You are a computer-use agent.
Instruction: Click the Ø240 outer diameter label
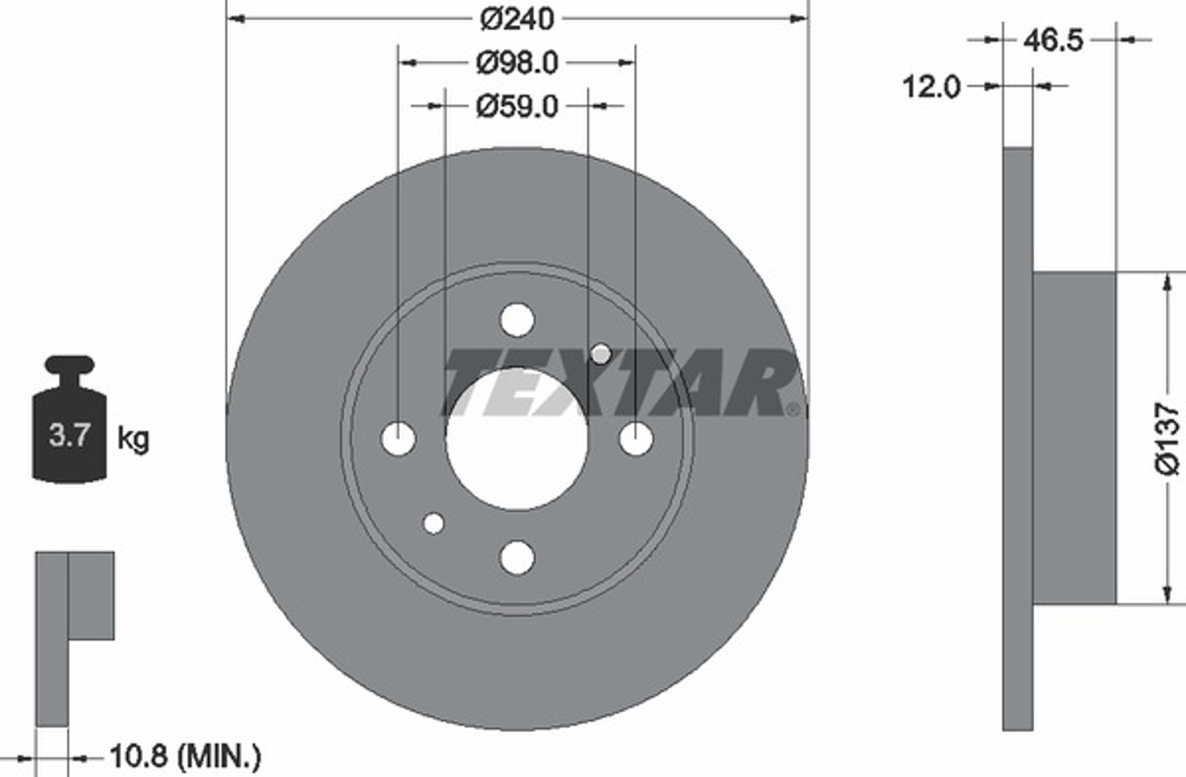click(517, 20)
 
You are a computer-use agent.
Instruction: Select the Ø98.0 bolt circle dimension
click(517, 63)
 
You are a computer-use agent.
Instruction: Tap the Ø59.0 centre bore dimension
click(517, 107)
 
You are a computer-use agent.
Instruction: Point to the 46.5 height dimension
click(1053, 41)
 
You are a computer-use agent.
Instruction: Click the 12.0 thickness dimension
click(931, 86)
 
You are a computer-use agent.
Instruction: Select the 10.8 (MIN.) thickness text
click(185, 757)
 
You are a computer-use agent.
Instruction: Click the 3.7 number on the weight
click(69, 434)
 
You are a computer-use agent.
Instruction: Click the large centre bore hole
click(517, 439)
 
